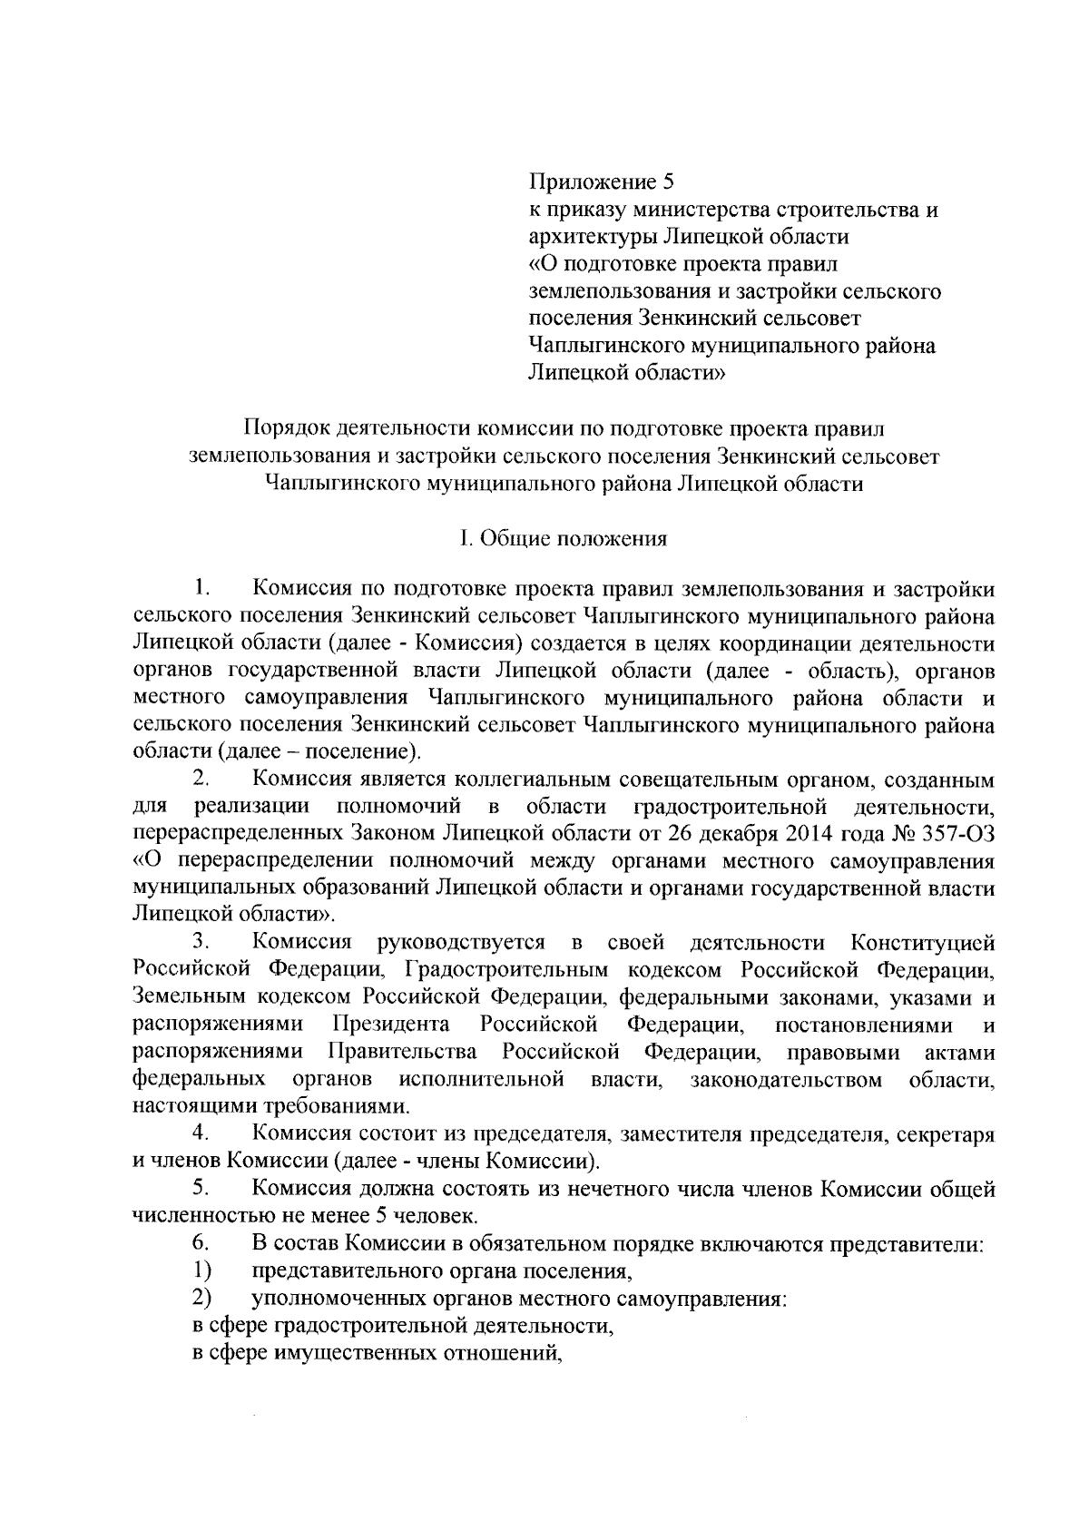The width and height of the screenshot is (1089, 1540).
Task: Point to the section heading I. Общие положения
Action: pyautogui.click(x=563, y=538)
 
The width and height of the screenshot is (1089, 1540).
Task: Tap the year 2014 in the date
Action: pyautogui.click(x=819, y=834)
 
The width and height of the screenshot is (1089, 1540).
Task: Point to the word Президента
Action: pyautogui.click(x=391, y=1025)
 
